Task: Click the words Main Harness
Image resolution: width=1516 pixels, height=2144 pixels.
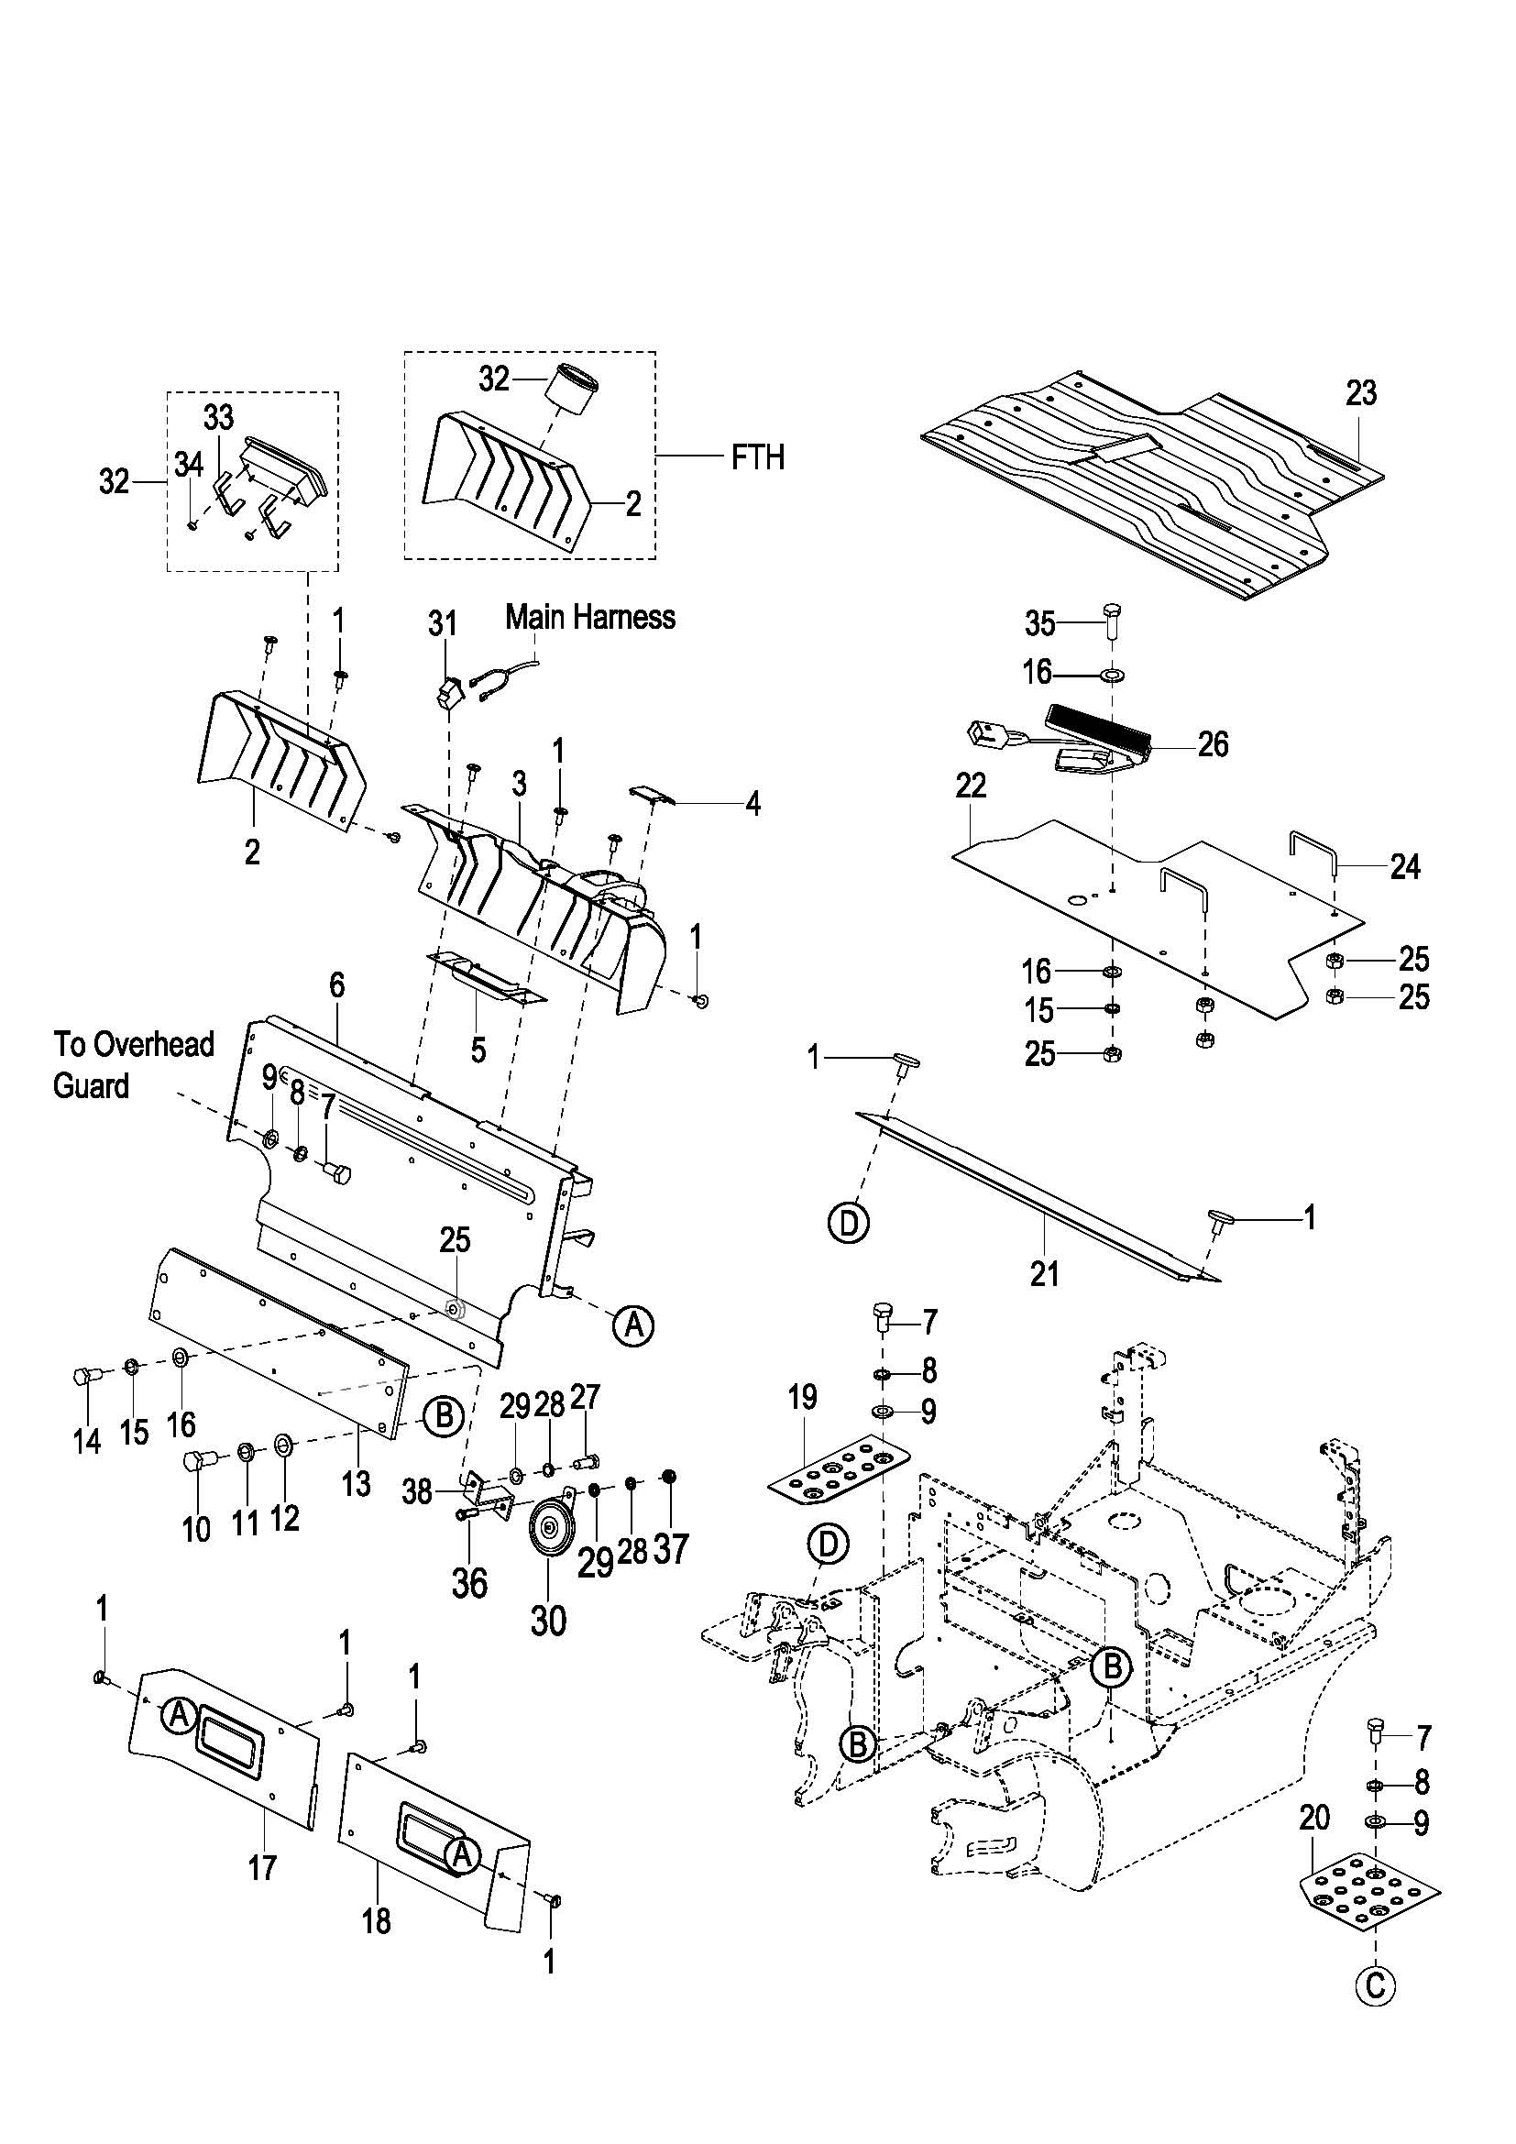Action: pos(590,617)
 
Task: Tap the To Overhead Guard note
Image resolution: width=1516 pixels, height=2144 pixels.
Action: pos(134,1064)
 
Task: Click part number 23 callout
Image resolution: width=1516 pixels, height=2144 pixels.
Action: pos(1360,393)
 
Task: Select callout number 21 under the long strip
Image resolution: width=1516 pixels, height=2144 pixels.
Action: pos(1045,1274)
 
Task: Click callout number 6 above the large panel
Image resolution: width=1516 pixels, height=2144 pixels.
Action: pos(336,985)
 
